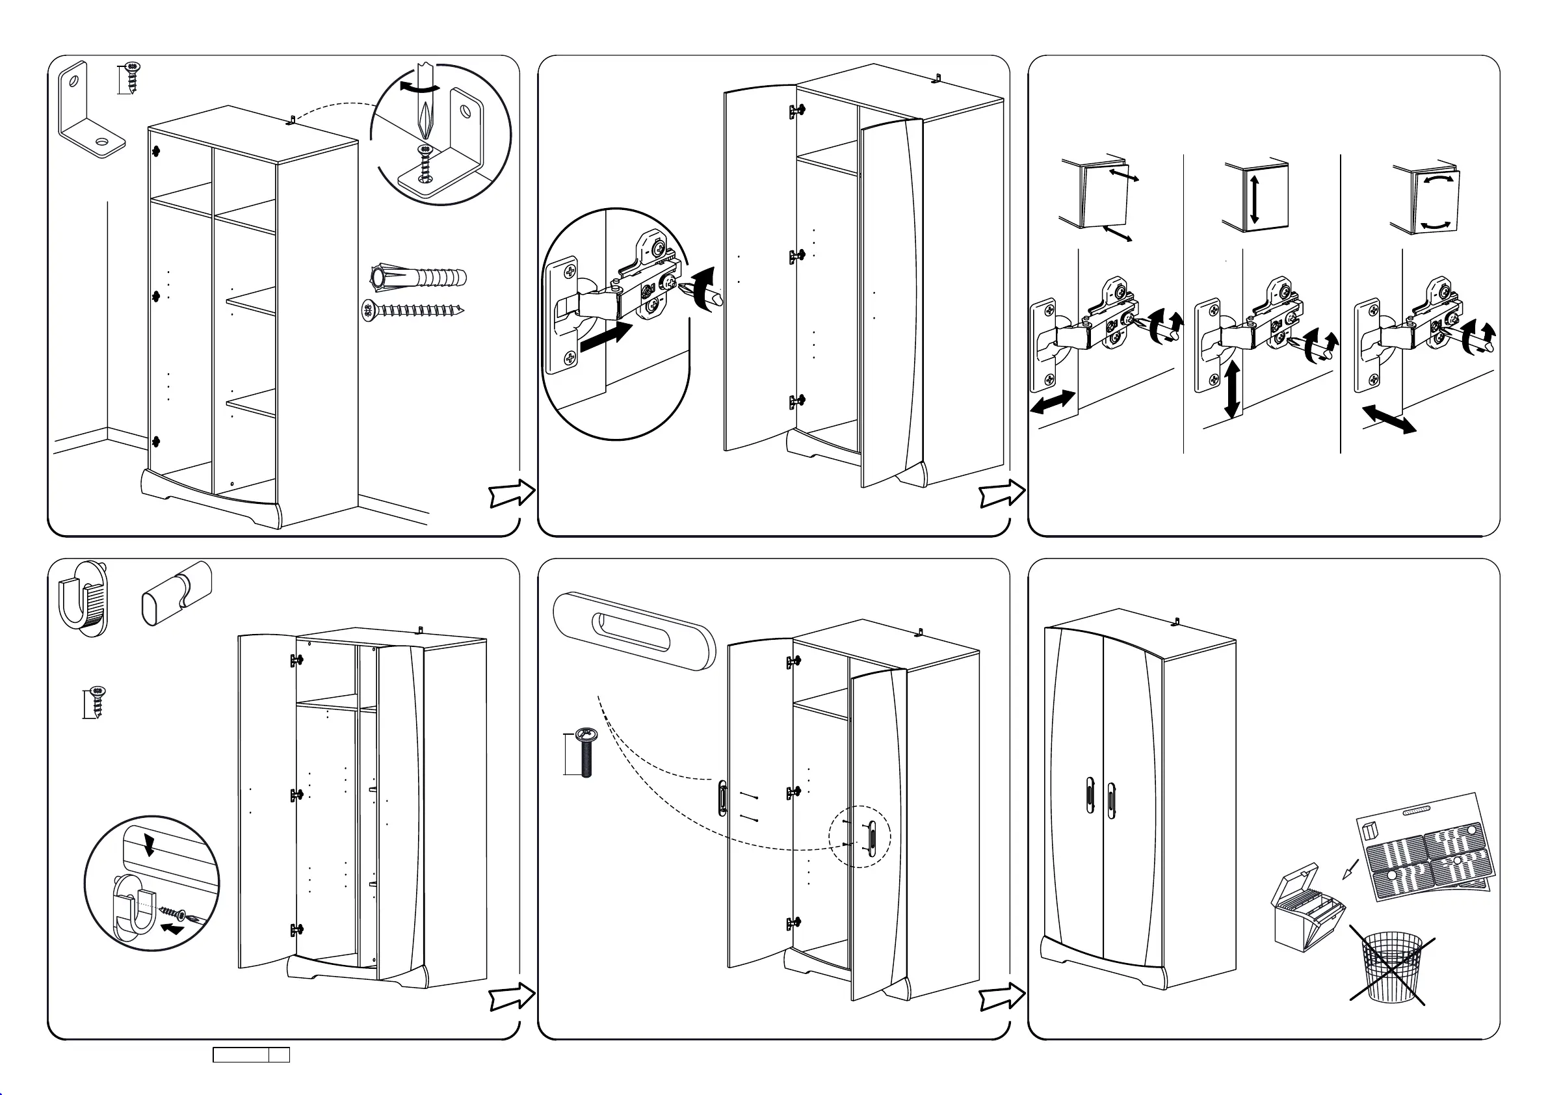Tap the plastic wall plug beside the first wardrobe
pyautogui.click(x=418, y=277)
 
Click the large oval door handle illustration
pyautogui.click(x=634, y=631)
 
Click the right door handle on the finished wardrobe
pyautogui.click(x=1111, y=800)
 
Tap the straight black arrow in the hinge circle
pyautogui.click(x=606, y=335)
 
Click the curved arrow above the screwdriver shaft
pyautogui.click(x=418, y=87)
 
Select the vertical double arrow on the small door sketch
pyautogui.click(x=1254, y=199)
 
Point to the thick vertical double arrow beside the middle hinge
pyautogui.click(x=1233, y=389)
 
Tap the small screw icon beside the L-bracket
pyautogui.click(x=133, y=77)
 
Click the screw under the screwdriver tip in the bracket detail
pyautogui.click(x=425, y=163)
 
